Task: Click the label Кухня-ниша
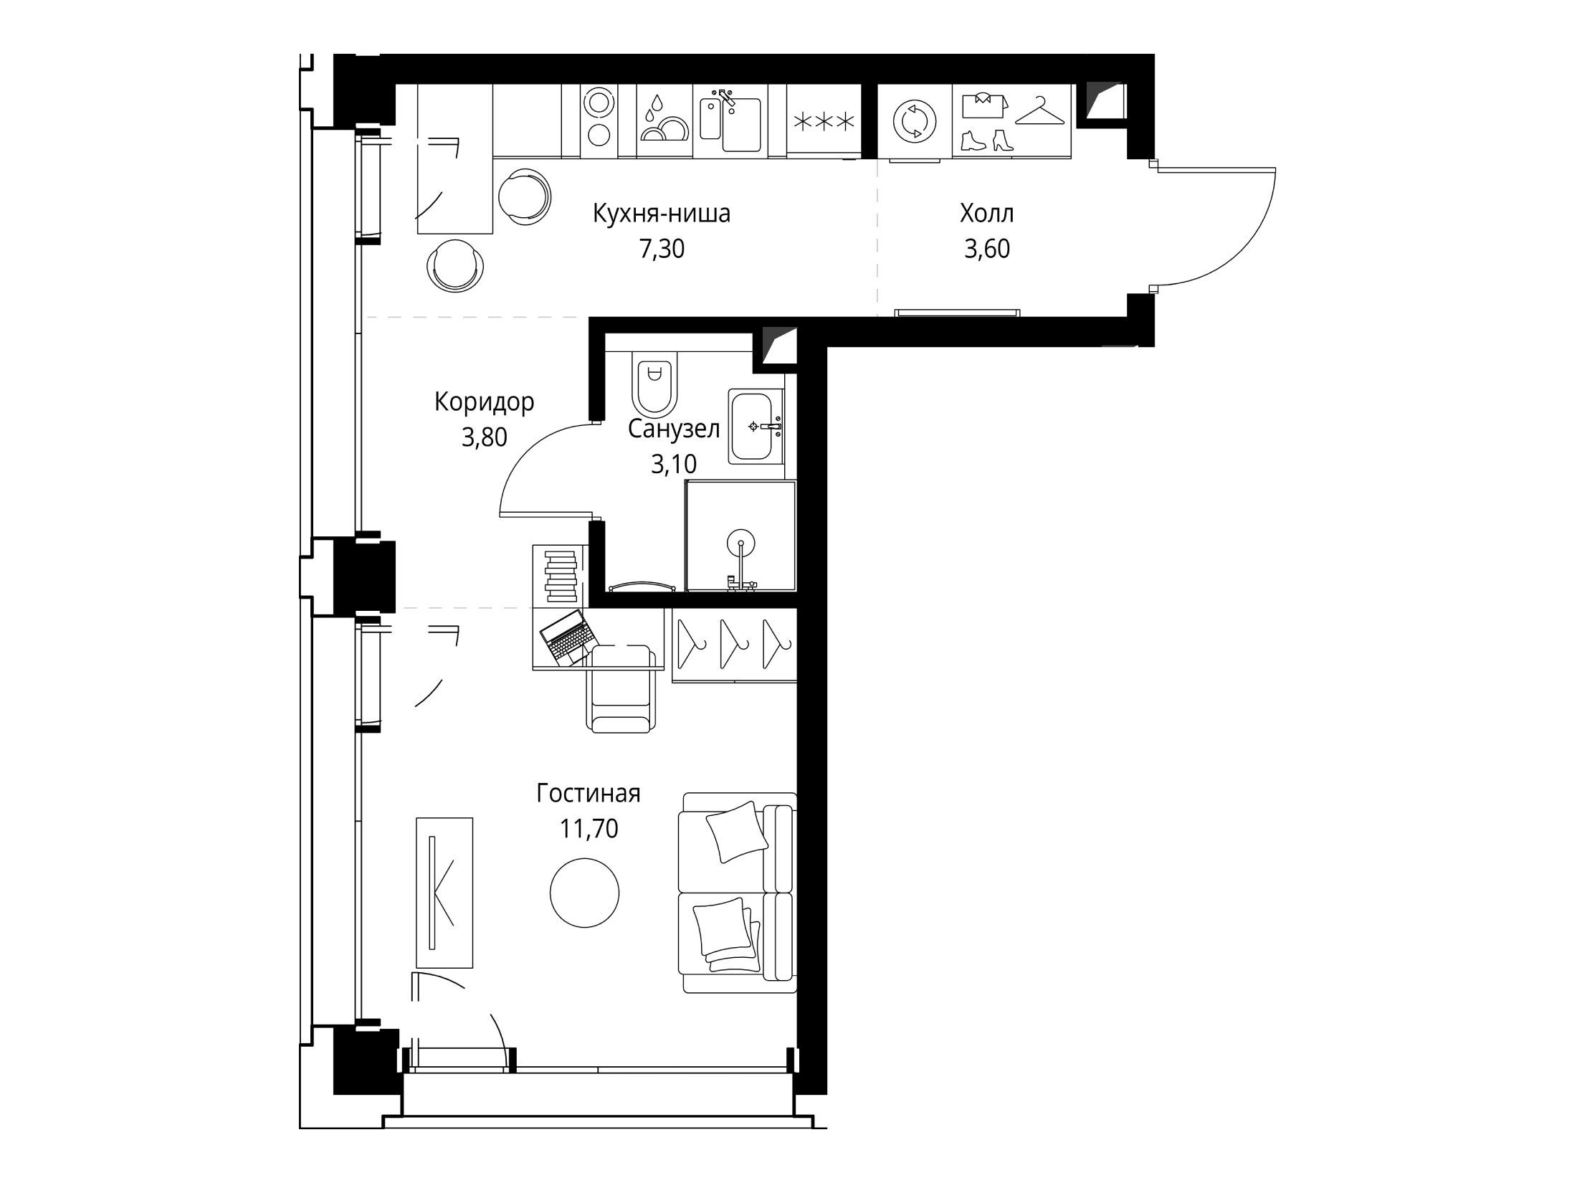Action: point(661,214)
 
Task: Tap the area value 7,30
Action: point(662,249)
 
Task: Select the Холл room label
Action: point(987,214)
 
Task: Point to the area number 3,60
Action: point(987,249)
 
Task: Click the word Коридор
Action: point(485,403)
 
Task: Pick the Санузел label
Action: point(674,429)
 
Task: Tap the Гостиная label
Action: point(589,794)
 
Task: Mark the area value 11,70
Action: point(589,829)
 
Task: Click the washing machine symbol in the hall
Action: point(914,122)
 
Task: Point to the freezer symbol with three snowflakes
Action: point(823,122)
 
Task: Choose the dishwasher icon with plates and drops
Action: point(664,118)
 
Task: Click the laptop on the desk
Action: point(568,637)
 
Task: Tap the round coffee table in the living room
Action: point(584,893)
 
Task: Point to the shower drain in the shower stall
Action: point(739,543)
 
